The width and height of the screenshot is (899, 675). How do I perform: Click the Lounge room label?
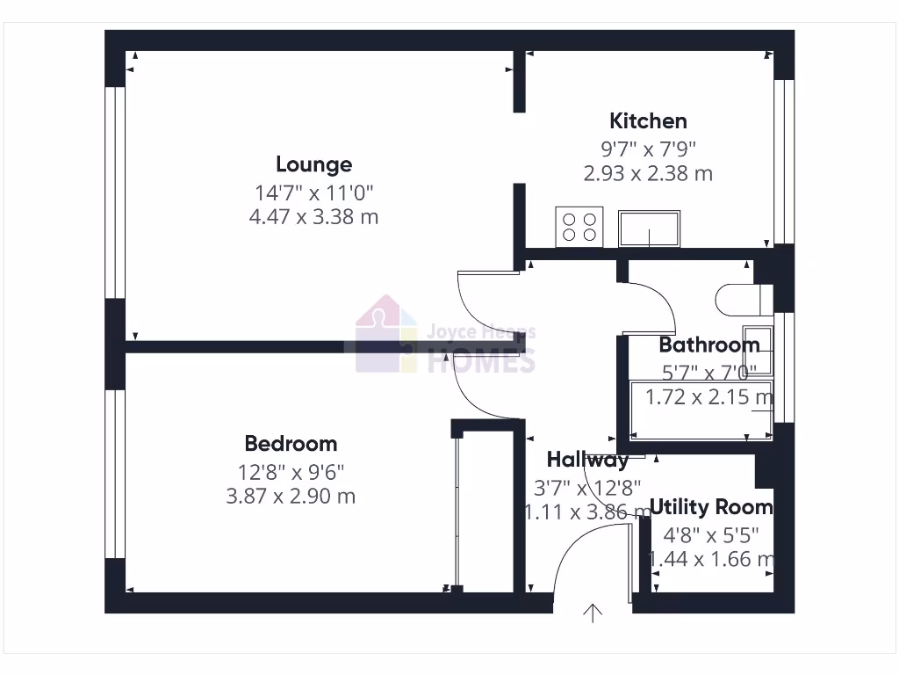pyautogui.click(x=313, y=164)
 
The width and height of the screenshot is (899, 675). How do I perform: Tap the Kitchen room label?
pyautogui.click(x=648, y=120)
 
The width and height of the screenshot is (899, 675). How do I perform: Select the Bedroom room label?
pyautogui.click(x=291, y=444)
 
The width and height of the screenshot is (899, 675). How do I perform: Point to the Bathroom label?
pyautogui.click(x=709, y=345)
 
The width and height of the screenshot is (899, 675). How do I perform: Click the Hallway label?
pyautogui.click(x=587, y=460)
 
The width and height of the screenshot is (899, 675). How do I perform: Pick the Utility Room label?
pyautogui.click(x=711, y=507)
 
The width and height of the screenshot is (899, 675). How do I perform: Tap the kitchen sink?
pyautogui.click(x=649, y=229)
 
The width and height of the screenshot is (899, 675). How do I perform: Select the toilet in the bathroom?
pyautogui.click(x=740, y=299)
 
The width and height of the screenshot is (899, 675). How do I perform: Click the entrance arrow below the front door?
pyautogui.click(x=593, y=613)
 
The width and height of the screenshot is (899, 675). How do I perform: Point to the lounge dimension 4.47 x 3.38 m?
pyautogui.click(x=313, y=216)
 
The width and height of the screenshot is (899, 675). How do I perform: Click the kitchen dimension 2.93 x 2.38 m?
pyautogui.click(x=648, y=173)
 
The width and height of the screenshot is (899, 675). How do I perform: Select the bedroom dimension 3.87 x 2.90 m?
pyautogui.click(x=291, y=496)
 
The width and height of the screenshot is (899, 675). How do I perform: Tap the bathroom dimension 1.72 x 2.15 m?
pyautogui.click(x=709, y=397)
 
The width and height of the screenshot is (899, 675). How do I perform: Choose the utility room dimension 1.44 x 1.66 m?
pyautogui.click(x=711, y=559)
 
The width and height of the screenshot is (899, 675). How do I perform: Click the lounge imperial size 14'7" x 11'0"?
pyautogui.click(x=313, y=191)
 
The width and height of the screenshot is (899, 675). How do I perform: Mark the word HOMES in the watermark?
pyautogui.click(x=480, y=360)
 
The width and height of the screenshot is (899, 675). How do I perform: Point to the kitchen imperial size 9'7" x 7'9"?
pyautogui.click(x=648, y=147)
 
